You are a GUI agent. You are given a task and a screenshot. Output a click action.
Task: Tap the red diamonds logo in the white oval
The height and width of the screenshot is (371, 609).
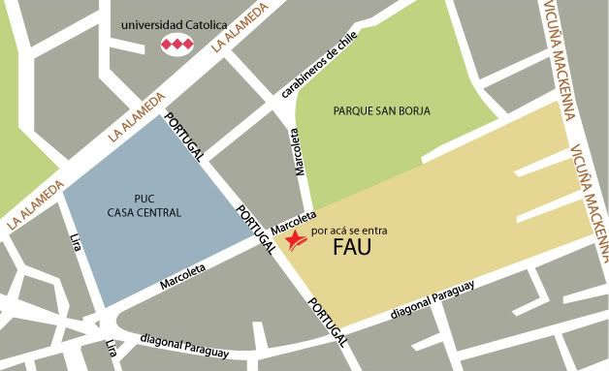click(176, 45)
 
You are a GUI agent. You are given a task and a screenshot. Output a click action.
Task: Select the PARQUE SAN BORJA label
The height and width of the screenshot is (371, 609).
click(381, 110)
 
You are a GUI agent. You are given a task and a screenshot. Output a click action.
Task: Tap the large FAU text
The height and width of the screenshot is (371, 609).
click(352, 248)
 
